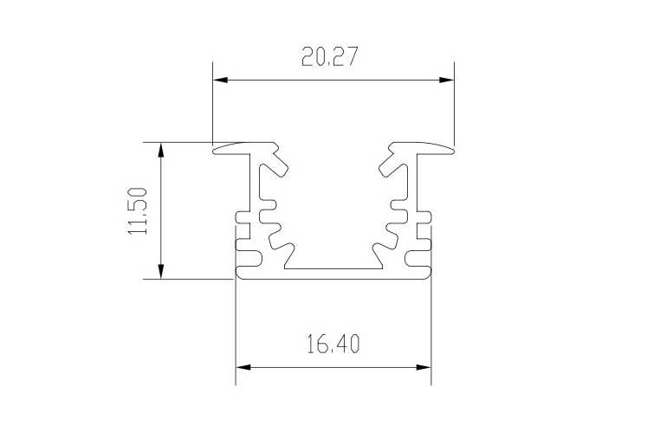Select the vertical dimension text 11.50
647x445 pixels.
click(139, 210)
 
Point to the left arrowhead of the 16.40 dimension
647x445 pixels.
click(243, 367)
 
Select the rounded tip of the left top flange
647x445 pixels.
click(217, 150)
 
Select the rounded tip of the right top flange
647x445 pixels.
click(450, 150)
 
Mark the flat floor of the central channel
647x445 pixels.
click(333, 269)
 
